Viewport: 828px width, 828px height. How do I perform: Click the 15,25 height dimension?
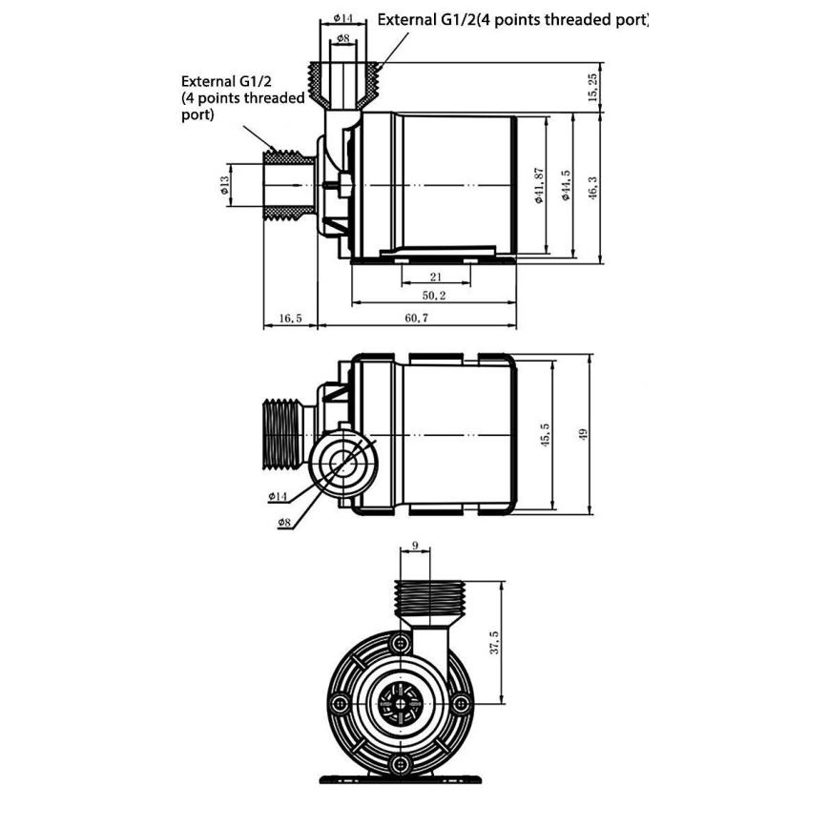point(592,87)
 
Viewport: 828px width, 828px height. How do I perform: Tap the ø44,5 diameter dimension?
point(566,185)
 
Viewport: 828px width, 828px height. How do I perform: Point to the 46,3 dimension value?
point(592,187)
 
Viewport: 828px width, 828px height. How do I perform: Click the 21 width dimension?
point(435,277)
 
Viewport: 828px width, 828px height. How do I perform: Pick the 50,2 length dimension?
point(435,297)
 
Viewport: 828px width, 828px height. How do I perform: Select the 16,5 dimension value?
point(289,318)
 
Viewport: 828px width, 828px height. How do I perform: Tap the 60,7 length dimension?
point(417,318)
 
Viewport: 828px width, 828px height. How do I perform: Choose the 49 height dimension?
point(583,434)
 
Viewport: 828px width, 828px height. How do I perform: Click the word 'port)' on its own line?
point(197,114)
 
